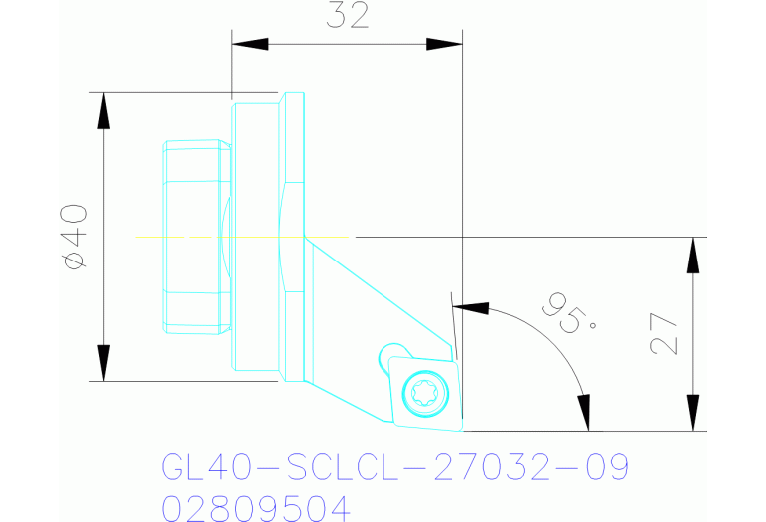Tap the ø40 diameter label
tap(76, 236)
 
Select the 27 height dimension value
tap(664, 333)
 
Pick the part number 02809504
tap(256, 508)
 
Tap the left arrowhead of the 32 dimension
tap(250, 44)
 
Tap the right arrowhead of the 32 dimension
tap(444, 44)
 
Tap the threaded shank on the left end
tap(195, 236)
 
